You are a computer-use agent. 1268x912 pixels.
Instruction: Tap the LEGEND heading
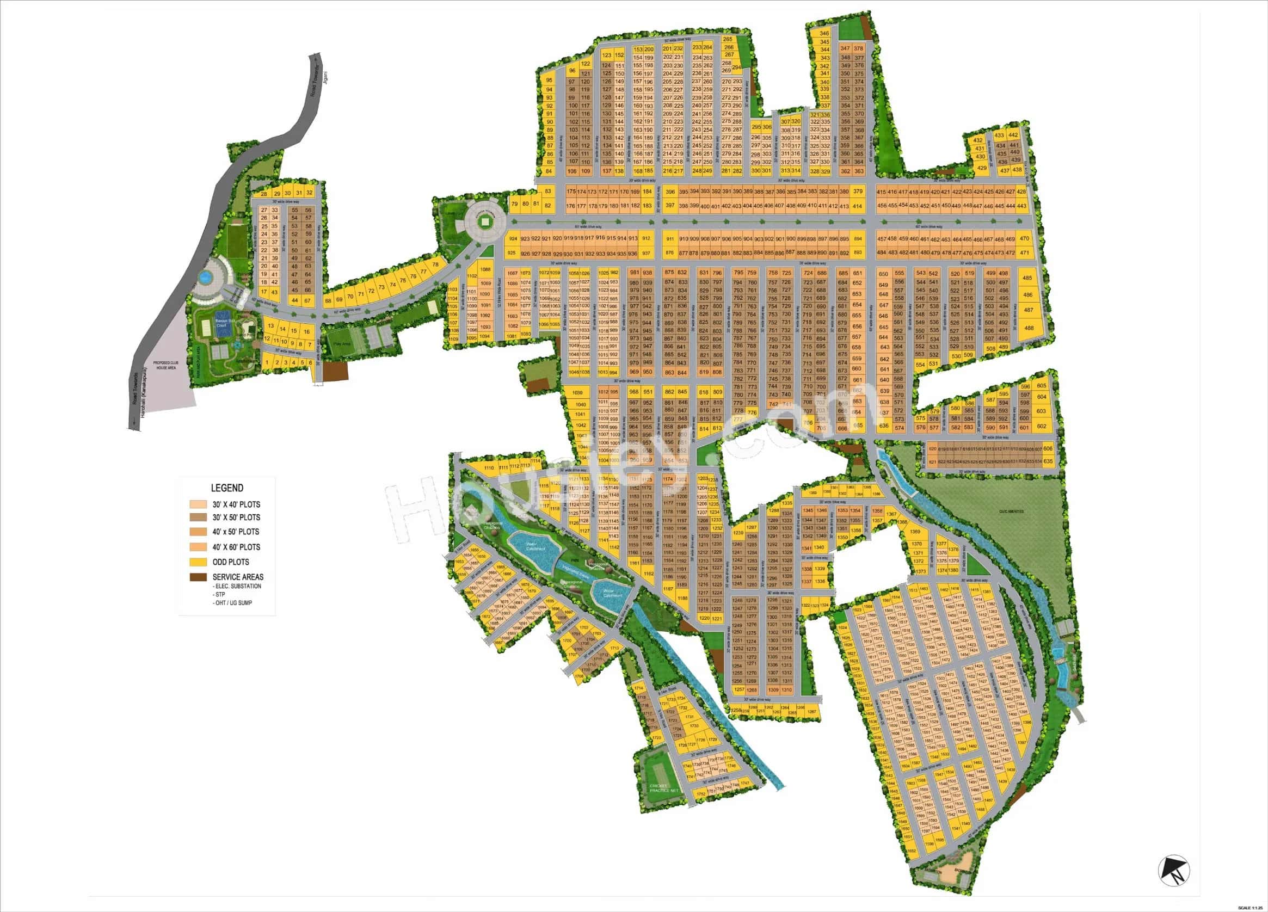[226, 488]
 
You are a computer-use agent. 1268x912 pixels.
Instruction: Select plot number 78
[435, 264]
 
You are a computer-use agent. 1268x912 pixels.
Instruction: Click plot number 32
[309, 193]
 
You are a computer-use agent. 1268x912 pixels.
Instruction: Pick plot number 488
[1028, 328]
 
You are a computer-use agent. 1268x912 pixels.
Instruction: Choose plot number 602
[1041, 426]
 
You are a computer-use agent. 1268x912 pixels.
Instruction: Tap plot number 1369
[915, 531]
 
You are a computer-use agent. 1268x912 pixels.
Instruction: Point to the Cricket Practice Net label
[663, 788]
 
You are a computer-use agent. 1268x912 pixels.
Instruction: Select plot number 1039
[578, 393]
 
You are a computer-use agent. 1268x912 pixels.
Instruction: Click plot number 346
[824, 34]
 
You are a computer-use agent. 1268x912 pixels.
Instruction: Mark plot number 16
[307, 331]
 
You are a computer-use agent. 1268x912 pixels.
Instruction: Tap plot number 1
[268, 362]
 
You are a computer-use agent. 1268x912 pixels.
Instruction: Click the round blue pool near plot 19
[205, 276]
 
